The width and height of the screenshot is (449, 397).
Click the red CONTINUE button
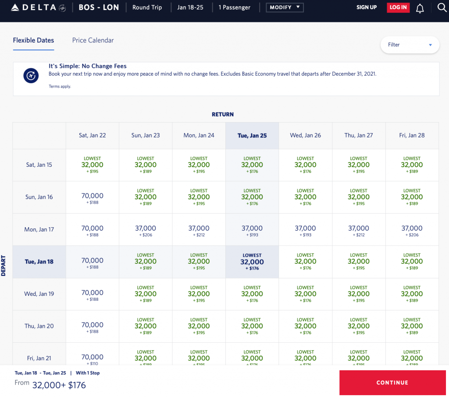coord(392,383)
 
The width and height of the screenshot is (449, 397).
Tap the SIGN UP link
coord(366,7)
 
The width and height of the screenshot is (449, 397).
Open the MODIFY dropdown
coord(284,7)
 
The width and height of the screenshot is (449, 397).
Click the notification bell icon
coord(420,8)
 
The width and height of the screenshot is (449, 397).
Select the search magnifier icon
coord(442,7)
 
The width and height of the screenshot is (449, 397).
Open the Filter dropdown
coord(410,45)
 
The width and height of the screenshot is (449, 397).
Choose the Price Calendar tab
coord(93,40)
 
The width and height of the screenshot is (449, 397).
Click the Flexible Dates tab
coord(33,40)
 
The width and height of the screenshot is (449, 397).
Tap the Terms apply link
coord(60,87)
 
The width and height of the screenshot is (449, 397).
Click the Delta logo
coord(38,7)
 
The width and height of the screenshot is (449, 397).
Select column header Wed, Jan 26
coord(305,135)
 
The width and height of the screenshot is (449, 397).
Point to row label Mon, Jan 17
coord(39,229)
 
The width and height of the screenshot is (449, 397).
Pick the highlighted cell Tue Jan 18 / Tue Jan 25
coord(252,262)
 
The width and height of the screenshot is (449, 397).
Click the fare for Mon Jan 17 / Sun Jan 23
coord(146,230)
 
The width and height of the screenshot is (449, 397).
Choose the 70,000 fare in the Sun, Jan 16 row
coord(92,197)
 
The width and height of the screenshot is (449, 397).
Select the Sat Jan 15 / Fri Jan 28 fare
coord(412,165)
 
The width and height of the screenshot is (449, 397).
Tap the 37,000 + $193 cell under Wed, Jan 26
coord(305,230)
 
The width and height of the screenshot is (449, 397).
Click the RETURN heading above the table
coord(223,114)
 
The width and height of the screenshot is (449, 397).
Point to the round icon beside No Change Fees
coord(31,75)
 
